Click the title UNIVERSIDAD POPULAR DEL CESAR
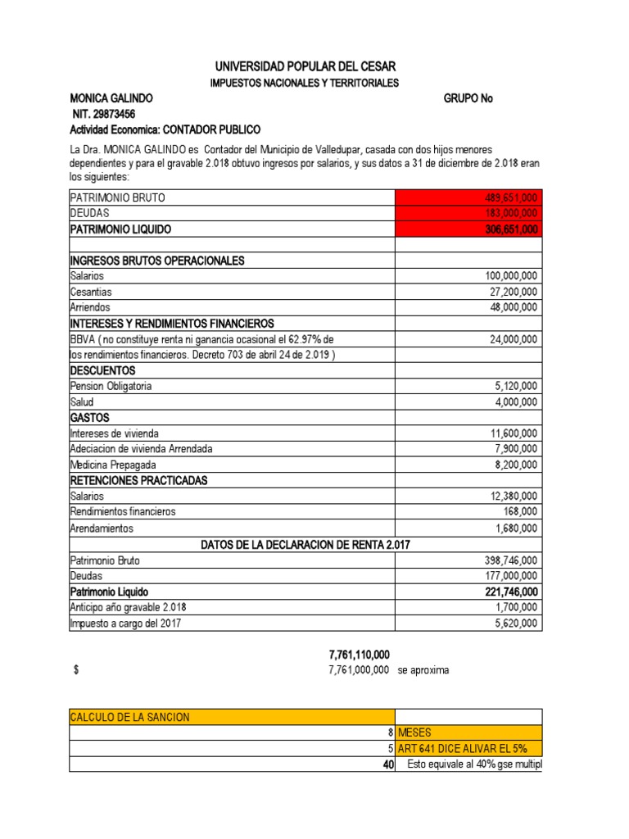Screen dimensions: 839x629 304,66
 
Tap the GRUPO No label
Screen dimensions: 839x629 468,98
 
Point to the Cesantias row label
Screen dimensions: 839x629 92,292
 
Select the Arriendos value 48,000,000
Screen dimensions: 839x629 511,307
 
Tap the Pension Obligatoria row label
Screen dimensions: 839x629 111,386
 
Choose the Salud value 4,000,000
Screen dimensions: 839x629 516,401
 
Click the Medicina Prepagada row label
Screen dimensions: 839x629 113,465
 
